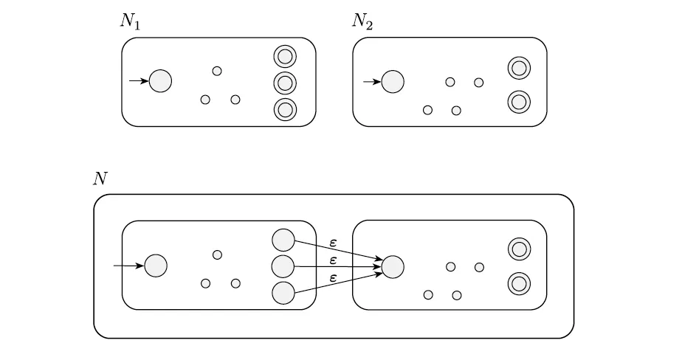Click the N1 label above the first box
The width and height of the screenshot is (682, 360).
pos(131,21)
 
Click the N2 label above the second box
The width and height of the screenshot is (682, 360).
pos(362,21)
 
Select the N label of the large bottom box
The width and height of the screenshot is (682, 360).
pos(100,178)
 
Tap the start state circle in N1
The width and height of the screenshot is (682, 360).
pos(160,81)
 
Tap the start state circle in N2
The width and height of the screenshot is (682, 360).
pos(393,81)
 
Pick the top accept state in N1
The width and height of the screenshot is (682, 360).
pos(285,55)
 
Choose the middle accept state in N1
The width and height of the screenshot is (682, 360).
pos(285,82)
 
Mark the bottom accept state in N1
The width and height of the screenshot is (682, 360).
pos(285,109)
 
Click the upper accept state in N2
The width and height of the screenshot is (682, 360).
pos(519,69)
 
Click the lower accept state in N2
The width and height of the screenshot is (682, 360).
pos(519,101)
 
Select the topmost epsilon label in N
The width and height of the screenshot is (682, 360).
pos(334,242)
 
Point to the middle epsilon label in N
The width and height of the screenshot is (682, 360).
pos(334,260)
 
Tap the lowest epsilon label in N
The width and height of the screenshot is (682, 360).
pos(334,277)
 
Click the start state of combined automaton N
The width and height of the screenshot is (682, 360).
pos(156,266)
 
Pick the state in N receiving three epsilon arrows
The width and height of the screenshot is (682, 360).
pos(393,266)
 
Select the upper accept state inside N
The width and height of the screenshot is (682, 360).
pos(519,250)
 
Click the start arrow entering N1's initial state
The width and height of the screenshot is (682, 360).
pos(139,81)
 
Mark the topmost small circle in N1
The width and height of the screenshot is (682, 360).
pos(217,71)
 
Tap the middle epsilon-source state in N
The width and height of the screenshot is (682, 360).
pos(283,266)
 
